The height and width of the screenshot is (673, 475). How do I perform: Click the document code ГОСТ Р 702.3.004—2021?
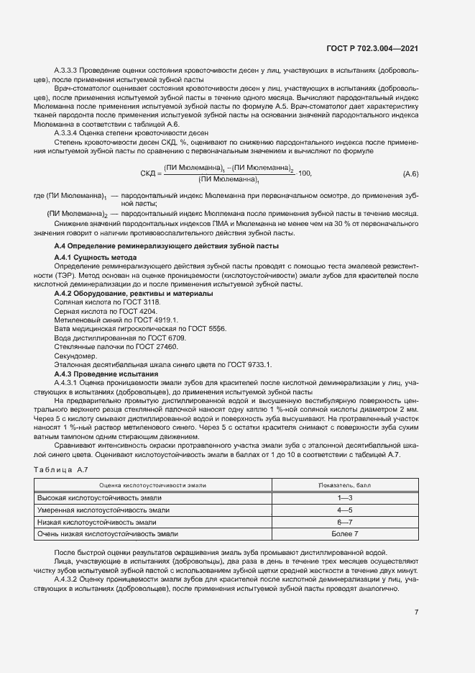tap(366, 48)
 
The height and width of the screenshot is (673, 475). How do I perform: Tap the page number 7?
tap(416, 612)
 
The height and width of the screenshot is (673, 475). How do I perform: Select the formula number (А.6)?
tap(410, 174)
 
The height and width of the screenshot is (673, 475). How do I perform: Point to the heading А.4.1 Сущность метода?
tap(96, 258)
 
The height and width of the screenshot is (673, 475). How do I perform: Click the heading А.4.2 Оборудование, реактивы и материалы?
tap(133, 294)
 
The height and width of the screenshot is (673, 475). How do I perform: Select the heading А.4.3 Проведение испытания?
tap(106, 374)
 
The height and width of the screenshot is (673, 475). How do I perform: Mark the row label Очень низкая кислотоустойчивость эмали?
tap(108, 533)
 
